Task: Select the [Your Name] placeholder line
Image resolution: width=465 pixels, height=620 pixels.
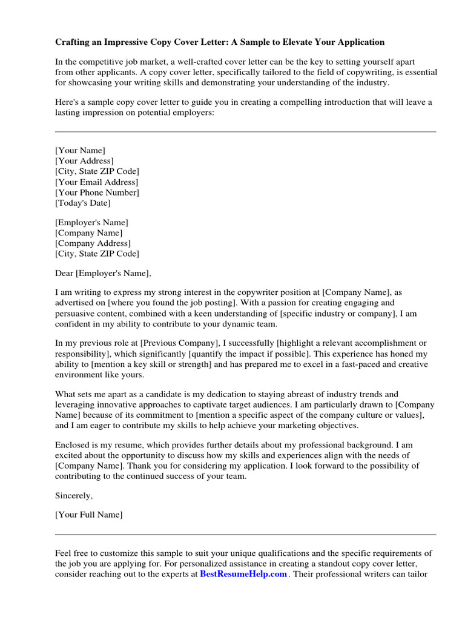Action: pyautogui.click(x=80, y=150)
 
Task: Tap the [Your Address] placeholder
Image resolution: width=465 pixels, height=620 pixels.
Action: pyautogui.click(x=84, y=161)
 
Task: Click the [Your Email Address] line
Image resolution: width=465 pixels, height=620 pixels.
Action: pyautogui.click(x=97, y=182)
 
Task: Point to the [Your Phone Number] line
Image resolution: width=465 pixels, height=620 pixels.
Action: pyautogui.click(x=97, y=193)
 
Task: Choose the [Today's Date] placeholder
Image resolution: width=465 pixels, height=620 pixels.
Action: pyautogui.click(x=83, y=203)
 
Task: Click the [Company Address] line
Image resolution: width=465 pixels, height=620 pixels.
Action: pyautogui.click(x=93, y=243)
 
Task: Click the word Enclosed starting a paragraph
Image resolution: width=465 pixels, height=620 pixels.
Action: pyautogui.click(x=73, y=445)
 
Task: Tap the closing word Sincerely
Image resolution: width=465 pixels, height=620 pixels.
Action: pyautogui.click(x=74, y=496)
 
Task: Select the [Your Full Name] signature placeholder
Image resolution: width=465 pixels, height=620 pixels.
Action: pyautogui.click(x=89, y=515)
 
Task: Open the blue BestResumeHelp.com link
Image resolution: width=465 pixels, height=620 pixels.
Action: pyautogui.click(x=243, y=574)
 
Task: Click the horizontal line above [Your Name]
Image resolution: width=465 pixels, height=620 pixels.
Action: pyautogui.click(x=245, y=131)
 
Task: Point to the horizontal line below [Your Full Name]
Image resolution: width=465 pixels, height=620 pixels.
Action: pyautogui.click(x=245, y=535)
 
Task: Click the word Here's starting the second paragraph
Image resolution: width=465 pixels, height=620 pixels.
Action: pyautogui.click(x=67, y=102)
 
